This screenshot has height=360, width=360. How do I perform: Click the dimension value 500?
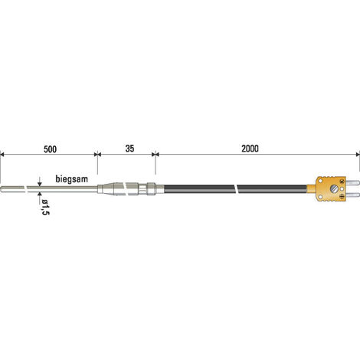pyautogui.click(x=50, y=149)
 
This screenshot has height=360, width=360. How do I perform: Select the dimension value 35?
pyautogui.click(x=129, y=149)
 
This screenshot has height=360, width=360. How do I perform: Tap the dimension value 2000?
pyautogui.click(x=250, y=149)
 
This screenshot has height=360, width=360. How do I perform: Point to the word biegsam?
pyautogui.click(x=72, y=178)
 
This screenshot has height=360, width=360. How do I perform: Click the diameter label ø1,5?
pyautogui.click(x=45, y=207)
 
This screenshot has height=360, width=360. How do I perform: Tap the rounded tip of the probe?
pyautogui.click(x=2, y=189)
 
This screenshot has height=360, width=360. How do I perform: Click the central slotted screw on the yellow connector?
pyautogui.click(x=333, y=189)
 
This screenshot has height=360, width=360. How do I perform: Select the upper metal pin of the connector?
pyautogui.click(x=352, y=182)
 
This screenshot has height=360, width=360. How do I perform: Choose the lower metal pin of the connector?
pyautogui.click(x=352, y=195)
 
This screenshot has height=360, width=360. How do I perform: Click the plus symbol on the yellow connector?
pyautogui.click(x=342, y=196)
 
